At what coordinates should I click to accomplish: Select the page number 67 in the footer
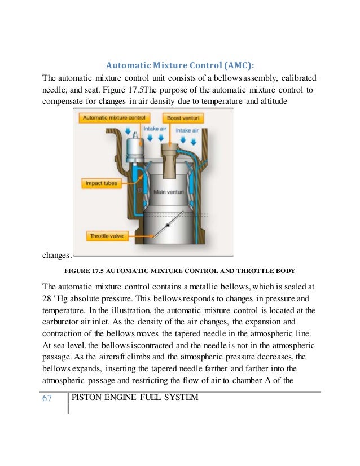click(x=47, y=398)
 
